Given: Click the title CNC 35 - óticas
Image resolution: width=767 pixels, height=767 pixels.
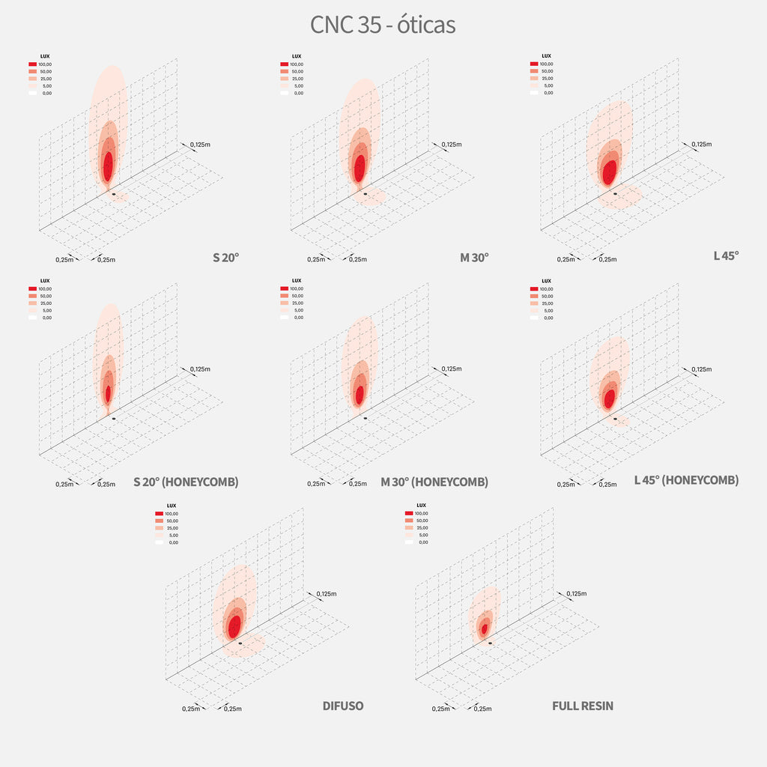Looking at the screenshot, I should (x=383, y=25).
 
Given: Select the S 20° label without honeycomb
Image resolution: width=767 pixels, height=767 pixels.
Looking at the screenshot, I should (x=225, y=257).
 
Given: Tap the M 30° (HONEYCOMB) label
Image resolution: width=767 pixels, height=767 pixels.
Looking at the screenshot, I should (x=434, y=482).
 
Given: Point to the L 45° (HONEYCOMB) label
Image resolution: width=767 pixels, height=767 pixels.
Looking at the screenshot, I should (x=686, y=480).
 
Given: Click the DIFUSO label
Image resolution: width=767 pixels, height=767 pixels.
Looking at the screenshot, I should (x=342, y=706).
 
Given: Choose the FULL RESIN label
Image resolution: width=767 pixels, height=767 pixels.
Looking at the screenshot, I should (x=582, y=706).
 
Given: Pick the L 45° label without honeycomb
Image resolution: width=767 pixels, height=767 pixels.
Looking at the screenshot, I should (x=726, y=255).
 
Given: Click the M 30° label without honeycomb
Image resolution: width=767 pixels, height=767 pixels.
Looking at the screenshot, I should (x=474, y=257).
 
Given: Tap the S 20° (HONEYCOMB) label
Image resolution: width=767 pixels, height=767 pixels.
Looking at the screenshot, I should (x=186, y=482).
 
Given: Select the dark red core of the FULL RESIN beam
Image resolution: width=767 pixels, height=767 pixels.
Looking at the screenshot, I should (x=485, y=628).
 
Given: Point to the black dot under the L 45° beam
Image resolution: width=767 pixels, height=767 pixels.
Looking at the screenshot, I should (x=615, y=193).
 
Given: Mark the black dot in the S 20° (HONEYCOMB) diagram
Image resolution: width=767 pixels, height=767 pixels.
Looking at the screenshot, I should (x=114, y=418).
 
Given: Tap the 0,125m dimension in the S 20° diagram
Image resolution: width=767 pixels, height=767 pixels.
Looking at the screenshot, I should (x=200, y=144).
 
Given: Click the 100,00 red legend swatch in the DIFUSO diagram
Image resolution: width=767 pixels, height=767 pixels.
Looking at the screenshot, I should (x=159, y=513).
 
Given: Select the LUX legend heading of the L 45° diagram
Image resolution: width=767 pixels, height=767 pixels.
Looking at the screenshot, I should (x=546, y=56).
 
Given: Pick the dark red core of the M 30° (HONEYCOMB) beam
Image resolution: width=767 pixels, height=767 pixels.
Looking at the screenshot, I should (x=360, y=394).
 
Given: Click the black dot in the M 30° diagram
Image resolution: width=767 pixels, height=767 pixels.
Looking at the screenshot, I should (x=365, y=193).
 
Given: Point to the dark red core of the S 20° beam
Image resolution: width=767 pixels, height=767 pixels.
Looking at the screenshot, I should (x=109, y=166).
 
